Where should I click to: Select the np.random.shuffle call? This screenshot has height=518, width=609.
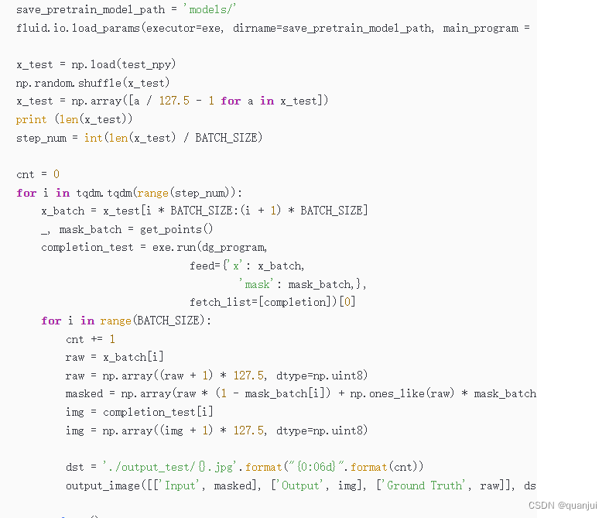pyautogui.click(x=93, y=83)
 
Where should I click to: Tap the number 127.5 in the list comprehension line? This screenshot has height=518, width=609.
pyautogui.click(x=174, y=101)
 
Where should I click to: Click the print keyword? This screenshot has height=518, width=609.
pyautogui.click(x=31, y=119)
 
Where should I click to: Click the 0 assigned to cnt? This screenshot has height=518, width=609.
pyautogui.click(x=56, y=174)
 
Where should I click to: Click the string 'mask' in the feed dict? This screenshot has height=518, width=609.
pyautogui.click(x=257, y=284)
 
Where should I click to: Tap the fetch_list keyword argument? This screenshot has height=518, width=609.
pyautogui.click(x=221, y=302)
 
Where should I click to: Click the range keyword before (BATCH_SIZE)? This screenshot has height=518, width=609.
pyautogui.click(x=116, y=321)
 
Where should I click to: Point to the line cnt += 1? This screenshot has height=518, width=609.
pyautogui.click(x=91, y=339)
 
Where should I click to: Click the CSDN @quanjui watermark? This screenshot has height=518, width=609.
pyautogui.click(x=564, y=504)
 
